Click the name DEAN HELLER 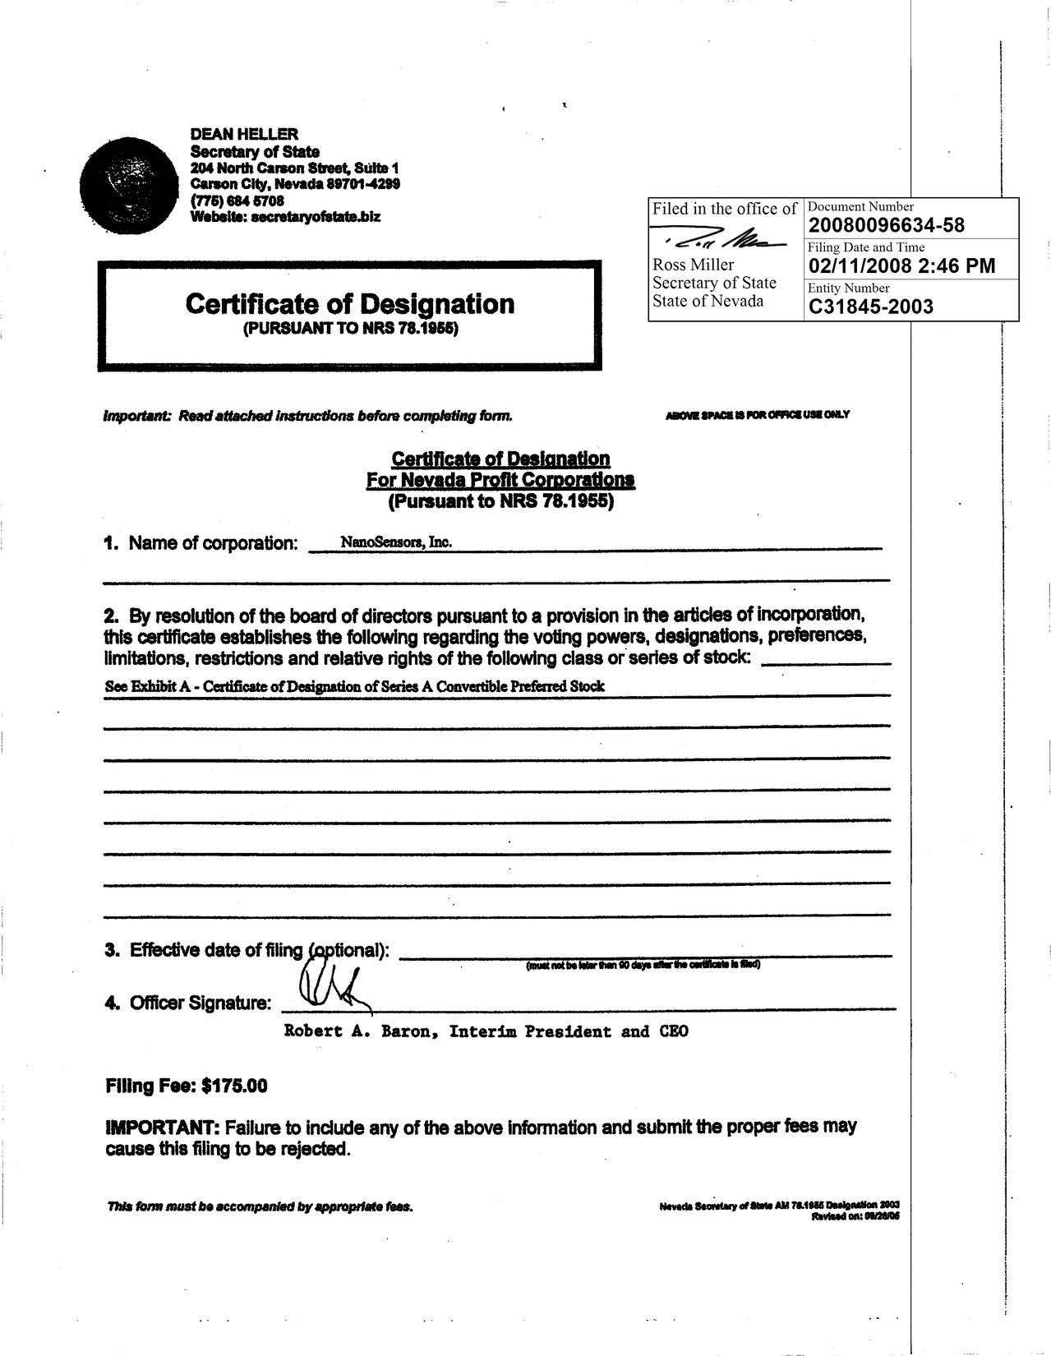coord(244,134)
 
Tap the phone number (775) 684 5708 coord(237,201)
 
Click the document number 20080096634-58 coord(887,225)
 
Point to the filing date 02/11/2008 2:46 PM coord(901,265)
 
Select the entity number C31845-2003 coord(871,307)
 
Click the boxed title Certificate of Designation coord(350,304)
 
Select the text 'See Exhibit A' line coord(355,686)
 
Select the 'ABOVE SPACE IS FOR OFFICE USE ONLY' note coord(757,414)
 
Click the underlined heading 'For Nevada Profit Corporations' coord(500,480)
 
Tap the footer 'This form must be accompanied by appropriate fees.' coord(260,1207)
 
